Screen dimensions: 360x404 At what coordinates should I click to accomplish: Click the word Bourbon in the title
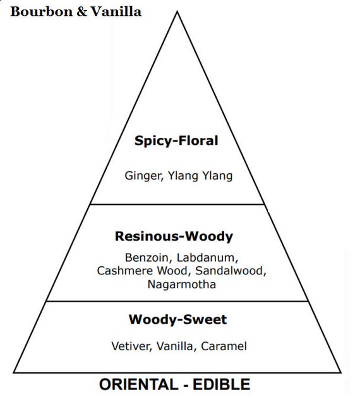point(42,12)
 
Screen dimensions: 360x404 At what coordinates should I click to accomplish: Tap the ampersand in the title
point(82,12)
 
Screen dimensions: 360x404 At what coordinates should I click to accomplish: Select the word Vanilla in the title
point(116,11)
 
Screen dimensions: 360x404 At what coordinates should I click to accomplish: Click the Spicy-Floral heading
point(176,141)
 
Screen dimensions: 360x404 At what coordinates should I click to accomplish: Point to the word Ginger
point(143,176)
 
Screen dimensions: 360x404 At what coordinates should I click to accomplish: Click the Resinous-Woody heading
point(174,236)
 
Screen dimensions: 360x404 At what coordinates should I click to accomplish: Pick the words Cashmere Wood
point(142,271)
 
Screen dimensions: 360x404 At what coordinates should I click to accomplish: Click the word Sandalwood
point(231,271)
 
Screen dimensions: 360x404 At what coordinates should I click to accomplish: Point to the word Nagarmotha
point(182,285)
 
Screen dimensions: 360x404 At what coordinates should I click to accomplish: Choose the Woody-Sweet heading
point(178,320)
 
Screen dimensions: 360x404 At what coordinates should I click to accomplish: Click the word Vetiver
point(131,346)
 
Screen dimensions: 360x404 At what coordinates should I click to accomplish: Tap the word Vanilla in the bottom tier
point(175,346)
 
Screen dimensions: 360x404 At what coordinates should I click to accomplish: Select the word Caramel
point(224,346)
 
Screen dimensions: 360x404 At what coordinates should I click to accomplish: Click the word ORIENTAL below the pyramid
point(139,385)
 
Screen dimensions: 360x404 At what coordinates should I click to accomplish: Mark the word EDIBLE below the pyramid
point(222,385)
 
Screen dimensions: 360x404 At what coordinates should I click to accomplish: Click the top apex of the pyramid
point(177,11)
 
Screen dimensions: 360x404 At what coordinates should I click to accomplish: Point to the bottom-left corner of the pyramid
point(14,372)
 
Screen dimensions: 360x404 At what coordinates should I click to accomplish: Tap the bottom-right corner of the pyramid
point(341,372)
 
